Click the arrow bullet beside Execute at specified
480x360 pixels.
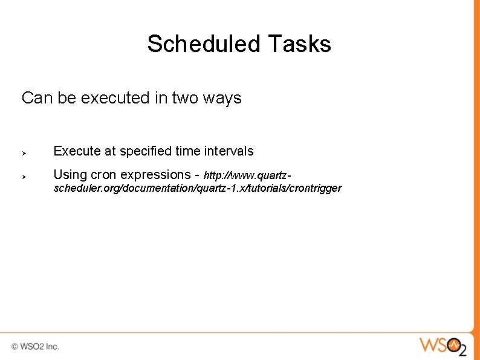(25, 152)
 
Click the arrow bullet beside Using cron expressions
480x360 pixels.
(25, 176)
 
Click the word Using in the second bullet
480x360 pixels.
(70, 175)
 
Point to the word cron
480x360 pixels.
(103, 175)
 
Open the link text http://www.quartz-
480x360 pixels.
(248, 176)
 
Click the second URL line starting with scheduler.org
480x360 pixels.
(197, 188)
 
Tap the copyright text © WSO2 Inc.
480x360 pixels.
(35, 347)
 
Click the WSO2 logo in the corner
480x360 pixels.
(443, 346)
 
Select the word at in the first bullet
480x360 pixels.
(110, 151)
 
